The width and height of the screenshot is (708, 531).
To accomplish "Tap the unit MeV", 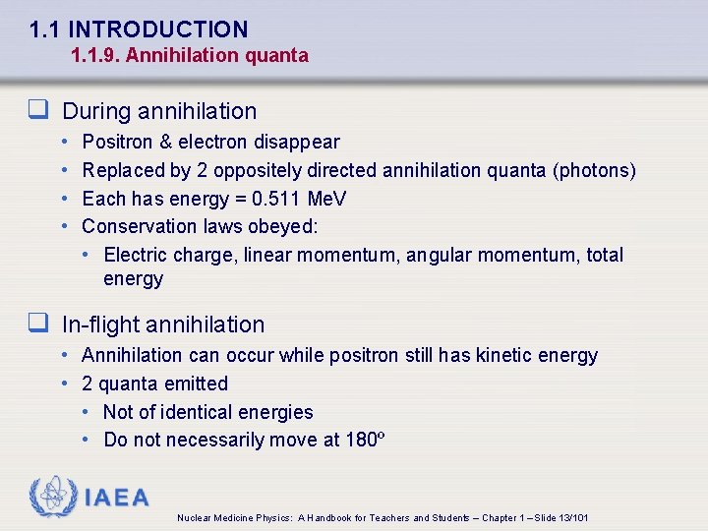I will (326, 199).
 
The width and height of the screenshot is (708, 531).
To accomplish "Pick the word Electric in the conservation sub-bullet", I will (136, 255).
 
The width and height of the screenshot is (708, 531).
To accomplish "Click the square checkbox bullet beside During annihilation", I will (39, 111).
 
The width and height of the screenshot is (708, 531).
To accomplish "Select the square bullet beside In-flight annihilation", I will (39, 324).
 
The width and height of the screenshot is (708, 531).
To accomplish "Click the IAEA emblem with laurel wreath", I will (52, 497).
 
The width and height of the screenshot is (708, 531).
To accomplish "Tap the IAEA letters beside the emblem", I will (117, 498).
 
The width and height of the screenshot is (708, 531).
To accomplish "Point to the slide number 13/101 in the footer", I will (570, 517).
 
